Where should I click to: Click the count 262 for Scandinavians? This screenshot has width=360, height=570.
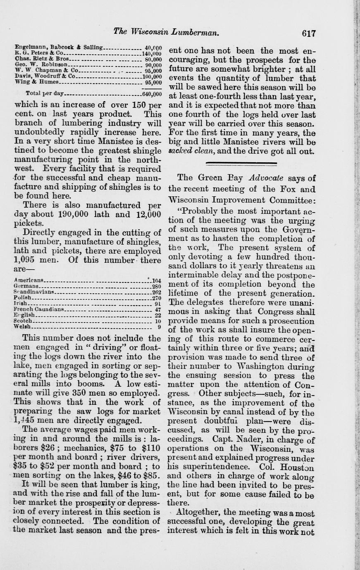coord(156,291)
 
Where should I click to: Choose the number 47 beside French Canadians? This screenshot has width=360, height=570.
coord(157,309)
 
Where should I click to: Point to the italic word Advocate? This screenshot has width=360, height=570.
coord(266,178)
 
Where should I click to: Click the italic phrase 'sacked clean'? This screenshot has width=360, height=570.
coord(189,151)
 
